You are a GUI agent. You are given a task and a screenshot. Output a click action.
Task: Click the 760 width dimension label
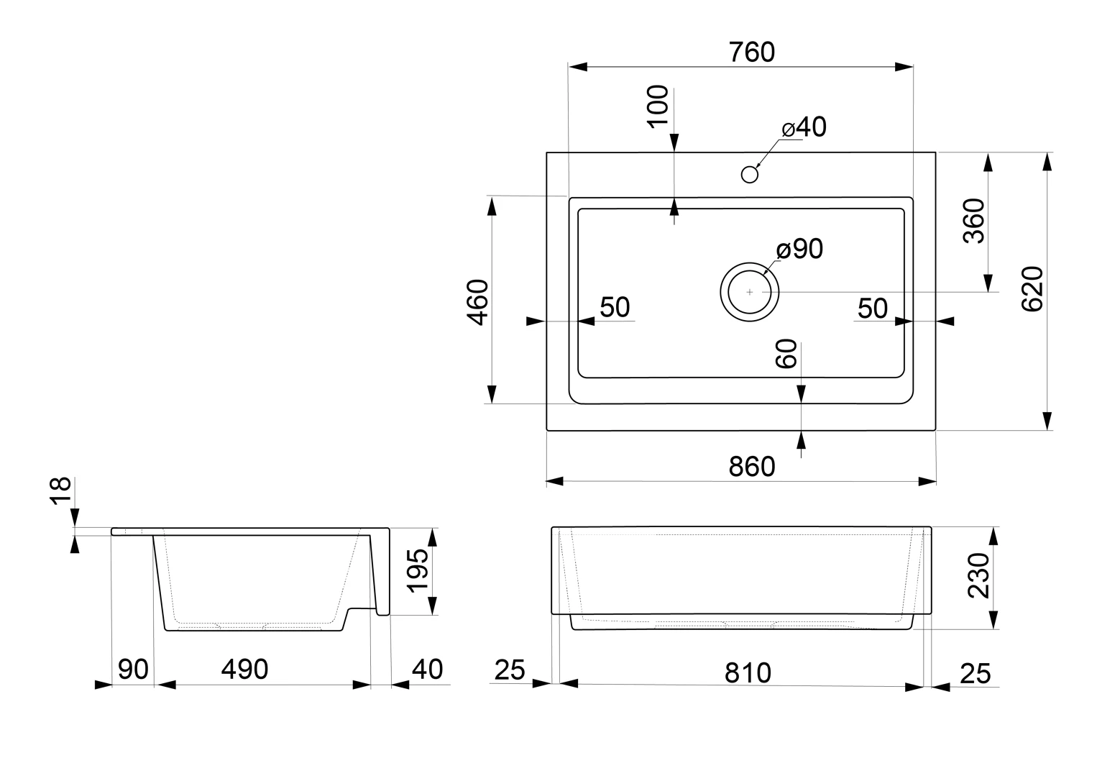pyautogui.click(x=751, y=53)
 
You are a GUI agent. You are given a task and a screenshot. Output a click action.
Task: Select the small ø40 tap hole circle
pyautogui.click(x=750, y=174)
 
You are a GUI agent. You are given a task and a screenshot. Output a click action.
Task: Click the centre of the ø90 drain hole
pyautogui.click(x=750, y=292)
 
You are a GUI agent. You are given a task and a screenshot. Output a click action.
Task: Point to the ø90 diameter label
pyautogui.click(x=799, y=250)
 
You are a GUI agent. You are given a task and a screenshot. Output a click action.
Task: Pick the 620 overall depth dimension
pyautogui.click(x=1032, y=289)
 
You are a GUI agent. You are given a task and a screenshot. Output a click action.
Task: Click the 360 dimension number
pyautogui.click(x=974, y=221)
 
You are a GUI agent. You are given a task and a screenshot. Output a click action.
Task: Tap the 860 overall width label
pyautogui.click(x=752, y=467)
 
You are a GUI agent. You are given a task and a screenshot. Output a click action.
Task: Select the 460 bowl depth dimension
pyautogui.click(x=478, y=302)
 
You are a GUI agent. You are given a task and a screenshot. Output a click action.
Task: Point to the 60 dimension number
pyautogui.click(x=787, y=354)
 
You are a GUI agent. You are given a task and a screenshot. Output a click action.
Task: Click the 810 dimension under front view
pyautogui.click(x=748, y=673)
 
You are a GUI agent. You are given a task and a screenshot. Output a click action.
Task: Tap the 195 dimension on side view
pyautogui.click(x=418, y=570)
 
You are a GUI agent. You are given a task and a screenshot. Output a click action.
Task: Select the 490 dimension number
pyautogui.click(x=244, y=670)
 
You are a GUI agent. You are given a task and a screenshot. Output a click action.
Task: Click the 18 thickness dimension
pyautogui.click(x=61, y=492)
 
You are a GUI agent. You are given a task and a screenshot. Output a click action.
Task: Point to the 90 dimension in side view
pyautogui.click(x=133, y=670)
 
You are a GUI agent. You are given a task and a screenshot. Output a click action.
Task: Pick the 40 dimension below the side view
pyautogui.click(x=427, y=670)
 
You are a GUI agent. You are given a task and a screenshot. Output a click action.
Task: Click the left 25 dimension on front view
pyautogui.click(x=510, y=671)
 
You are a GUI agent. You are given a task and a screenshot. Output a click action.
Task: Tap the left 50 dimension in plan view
pyautogui.click(x=615, y=308)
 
